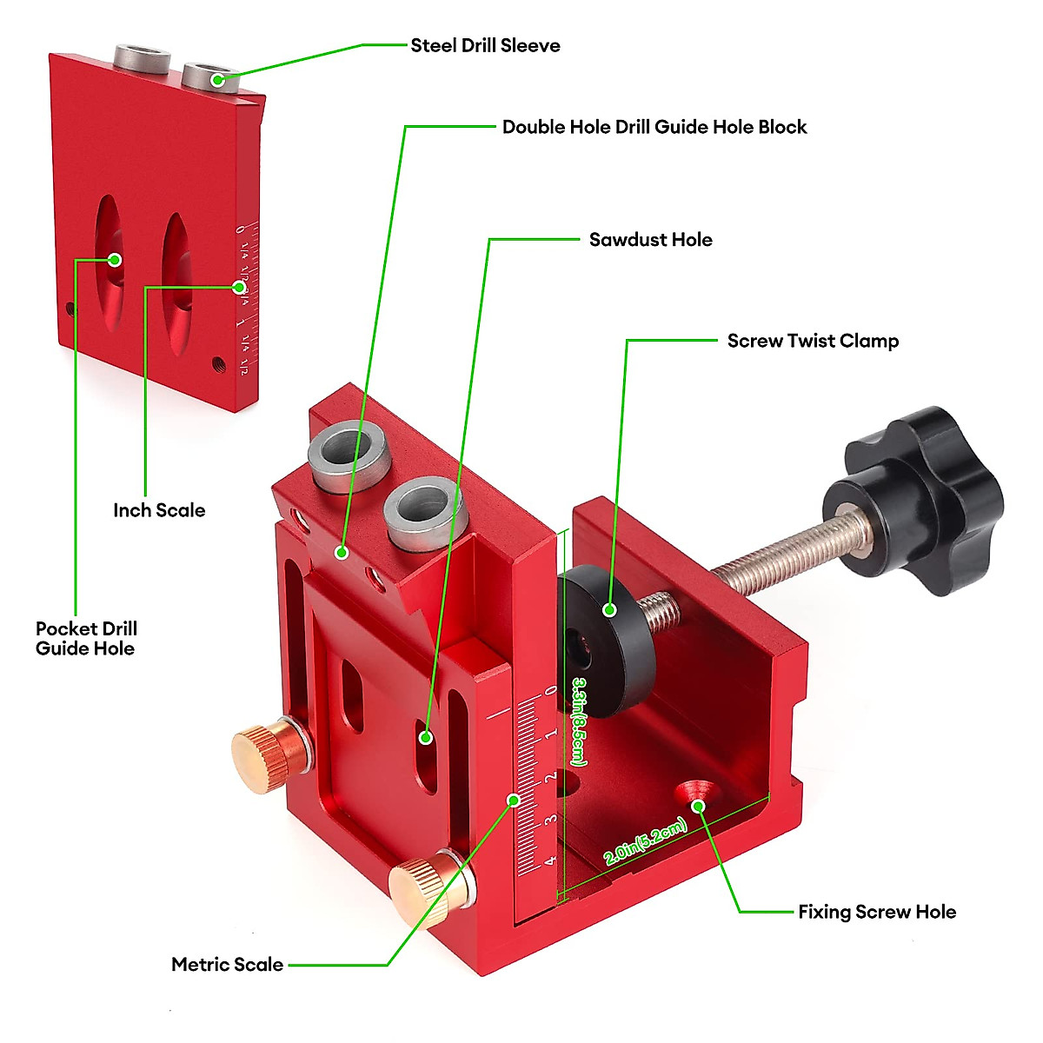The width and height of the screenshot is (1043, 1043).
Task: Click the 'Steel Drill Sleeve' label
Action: [485, 46]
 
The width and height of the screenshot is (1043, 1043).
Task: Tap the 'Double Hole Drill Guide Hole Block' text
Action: [654, 127]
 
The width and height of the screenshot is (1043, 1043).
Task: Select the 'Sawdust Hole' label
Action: [650, 240]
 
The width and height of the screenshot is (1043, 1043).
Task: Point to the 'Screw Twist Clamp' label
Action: [813, 341]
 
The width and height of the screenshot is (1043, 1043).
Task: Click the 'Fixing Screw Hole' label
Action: [877, 912]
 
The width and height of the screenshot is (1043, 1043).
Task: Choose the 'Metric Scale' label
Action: [227, 964]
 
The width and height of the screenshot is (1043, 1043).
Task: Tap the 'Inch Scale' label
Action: [159, 510]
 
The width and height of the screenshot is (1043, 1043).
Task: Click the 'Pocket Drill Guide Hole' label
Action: [86, 638]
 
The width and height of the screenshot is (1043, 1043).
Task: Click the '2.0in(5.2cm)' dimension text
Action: [646, 842]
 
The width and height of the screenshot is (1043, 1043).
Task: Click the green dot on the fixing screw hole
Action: [697, 807]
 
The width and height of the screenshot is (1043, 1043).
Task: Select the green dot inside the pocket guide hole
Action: [114, 259]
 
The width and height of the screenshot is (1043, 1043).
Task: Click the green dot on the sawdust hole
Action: [426, 737]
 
